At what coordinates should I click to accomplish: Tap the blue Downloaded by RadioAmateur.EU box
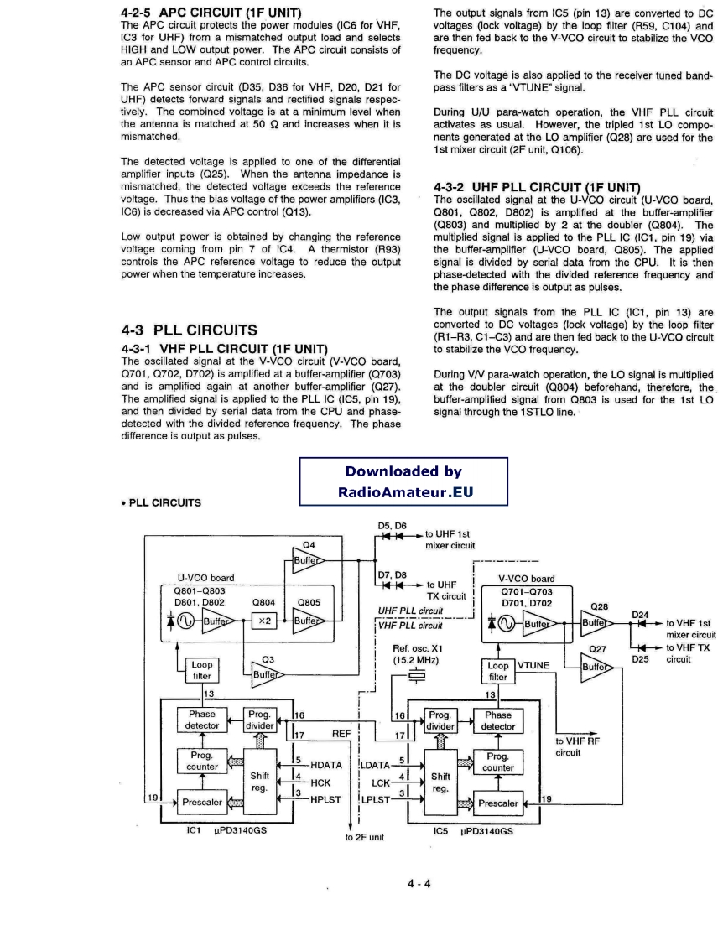tap(403, 481)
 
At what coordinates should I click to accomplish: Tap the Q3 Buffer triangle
tap(267, 676)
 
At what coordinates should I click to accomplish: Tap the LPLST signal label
tap(373, 799)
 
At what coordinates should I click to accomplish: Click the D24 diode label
tap(641, 615)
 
